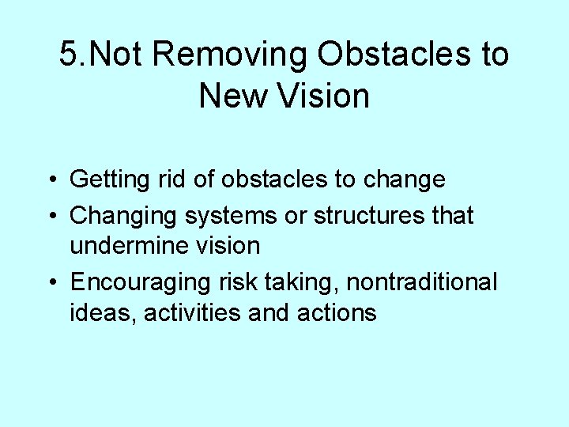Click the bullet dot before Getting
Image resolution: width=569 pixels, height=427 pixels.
point(50,180)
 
